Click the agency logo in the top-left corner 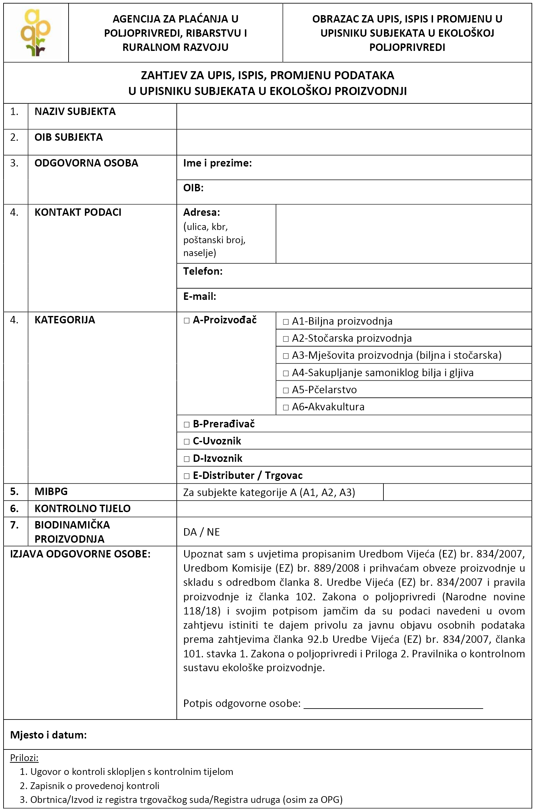coord(36,33)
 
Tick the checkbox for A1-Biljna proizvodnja coord(286,322)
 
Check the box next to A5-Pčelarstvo coord(286,390)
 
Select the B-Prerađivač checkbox coord(187,424)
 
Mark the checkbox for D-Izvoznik coord(187,459)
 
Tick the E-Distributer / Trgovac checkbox coord(187,476)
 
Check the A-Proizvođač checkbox coord(187,321)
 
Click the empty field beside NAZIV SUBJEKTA coord(354,117)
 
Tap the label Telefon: coord(203,272)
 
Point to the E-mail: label coord(200,296)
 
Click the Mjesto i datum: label coord(48,735)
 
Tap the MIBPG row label coord(51,492)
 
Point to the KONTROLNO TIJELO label coord(82,509)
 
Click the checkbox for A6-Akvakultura coord(286,407)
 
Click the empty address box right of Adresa coord(403,234)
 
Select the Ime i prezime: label coord(217,163)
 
